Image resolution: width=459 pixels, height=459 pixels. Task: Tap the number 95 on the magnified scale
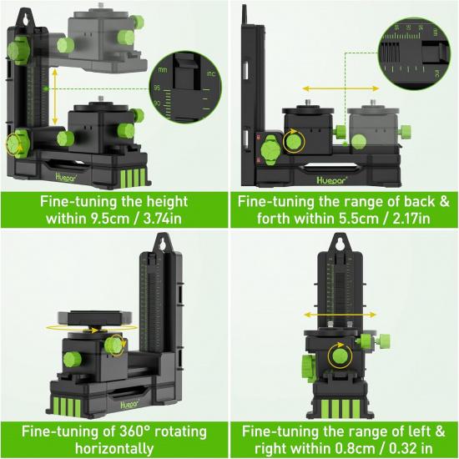[x=156, y=86]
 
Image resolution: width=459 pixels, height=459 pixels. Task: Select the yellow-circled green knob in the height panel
[x=15, y=143]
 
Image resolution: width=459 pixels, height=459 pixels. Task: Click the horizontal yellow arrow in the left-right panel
[x=339, y=314]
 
